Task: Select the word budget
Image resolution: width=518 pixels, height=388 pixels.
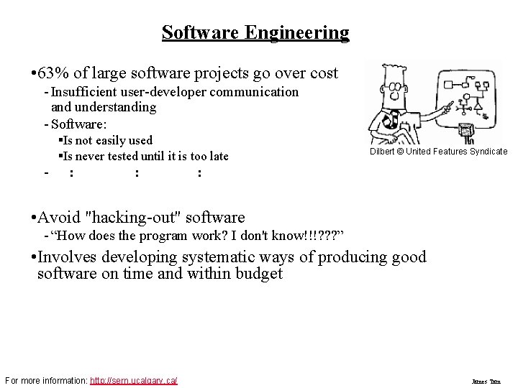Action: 259,274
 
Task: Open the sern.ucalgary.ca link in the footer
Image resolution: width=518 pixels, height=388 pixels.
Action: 134,380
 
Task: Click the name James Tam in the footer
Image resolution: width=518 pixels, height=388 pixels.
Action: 486,382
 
